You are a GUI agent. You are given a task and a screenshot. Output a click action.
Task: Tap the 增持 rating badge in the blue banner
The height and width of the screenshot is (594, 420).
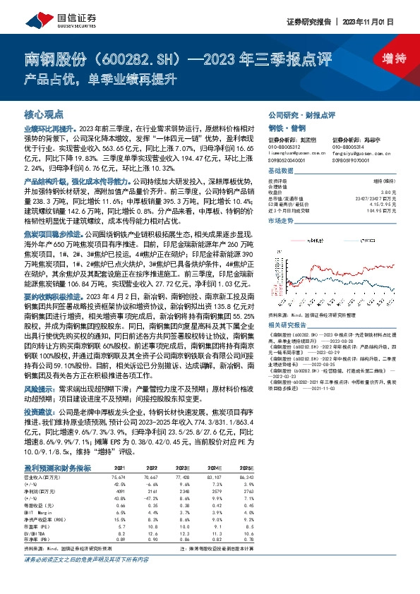[385, 58]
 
